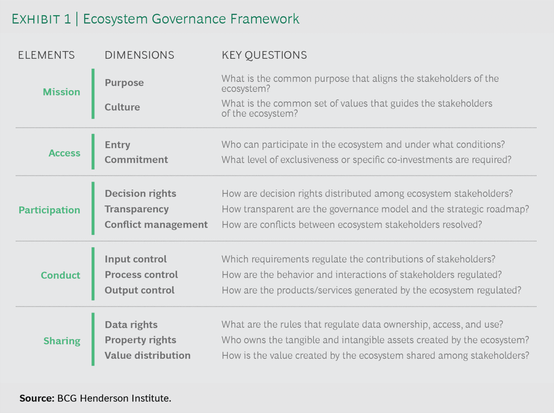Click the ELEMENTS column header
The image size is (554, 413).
click(x=46, y=55)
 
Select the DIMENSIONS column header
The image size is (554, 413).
click(x=139, y=55)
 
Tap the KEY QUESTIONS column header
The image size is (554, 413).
click(x=264, y=55)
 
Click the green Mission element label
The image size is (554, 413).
click(x=62, y=92)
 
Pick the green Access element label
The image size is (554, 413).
click(x=64, y=153)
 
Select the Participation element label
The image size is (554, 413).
click(x=49, y=210)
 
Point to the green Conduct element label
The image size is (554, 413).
click(x=60, y=275)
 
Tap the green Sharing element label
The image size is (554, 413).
click(x=62, y=341)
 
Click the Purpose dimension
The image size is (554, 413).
click(x=124, y=83)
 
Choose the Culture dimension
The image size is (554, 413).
click(x=122, y=107)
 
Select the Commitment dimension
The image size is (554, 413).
click(x=136, y=160)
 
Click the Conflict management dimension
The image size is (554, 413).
click(x=156, y=225)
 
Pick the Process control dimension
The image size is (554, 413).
click(x=141, y=275)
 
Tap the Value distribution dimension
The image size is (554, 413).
click(x=147, y=355)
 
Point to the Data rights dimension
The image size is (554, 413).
click(x=131, y=325)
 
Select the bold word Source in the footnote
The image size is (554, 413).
click(x=37, y=398)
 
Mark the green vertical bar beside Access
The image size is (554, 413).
click(x=93, y=152)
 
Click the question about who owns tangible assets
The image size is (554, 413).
click(x=375, y=340)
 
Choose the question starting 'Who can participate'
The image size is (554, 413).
click(x=363, y=145)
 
